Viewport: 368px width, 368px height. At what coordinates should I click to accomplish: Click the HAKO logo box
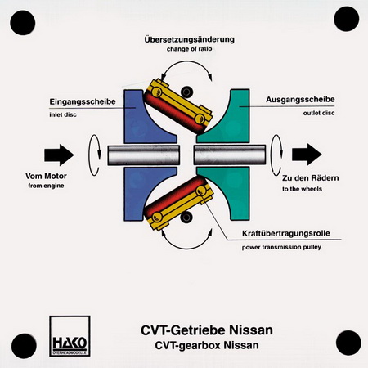[70, 336]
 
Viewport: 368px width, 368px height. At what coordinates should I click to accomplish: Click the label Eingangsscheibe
[83, 101]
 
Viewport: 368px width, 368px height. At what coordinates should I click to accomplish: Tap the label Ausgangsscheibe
[300, 100]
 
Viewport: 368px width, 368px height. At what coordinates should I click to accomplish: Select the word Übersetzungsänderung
[190, 39]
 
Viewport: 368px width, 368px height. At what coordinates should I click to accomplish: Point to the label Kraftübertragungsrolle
[286, 233]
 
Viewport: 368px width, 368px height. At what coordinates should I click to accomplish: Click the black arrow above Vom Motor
[59, 155]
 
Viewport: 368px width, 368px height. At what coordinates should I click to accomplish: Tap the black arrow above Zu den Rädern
[307, 155]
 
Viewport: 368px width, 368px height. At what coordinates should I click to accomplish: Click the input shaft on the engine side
[144, 155]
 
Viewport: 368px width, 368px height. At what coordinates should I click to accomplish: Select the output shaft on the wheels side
[230, 155]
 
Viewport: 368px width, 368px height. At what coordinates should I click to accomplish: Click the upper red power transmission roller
[174, 112]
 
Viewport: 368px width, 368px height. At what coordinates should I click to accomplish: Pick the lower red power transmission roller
[174, 198]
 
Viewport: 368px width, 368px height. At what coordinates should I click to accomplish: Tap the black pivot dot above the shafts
[186, 92]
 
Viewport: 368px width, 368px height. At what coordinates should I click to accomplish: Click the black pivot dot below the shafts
[186, 218]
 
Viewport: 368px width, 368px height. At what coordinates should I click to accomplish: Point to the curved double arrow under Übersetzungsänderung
[186, 61]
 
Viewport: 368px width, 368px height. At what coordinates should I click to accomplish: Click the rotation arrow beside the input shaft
[94, 155]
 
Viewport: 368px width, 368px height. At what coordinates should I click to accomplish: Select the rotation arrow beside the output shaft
[276, 155]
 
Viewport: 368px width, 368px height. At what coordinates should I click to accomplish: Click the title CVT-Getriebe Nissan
[207, 330]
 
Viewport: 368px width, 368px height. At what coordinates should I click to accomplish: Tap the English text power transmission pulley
[281, 247]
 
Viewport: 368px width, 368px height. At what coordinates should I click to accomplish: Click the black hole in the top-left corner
[23, 23]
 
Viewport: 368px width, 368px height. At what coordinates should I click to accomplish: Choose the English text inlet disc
[63, 114]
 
